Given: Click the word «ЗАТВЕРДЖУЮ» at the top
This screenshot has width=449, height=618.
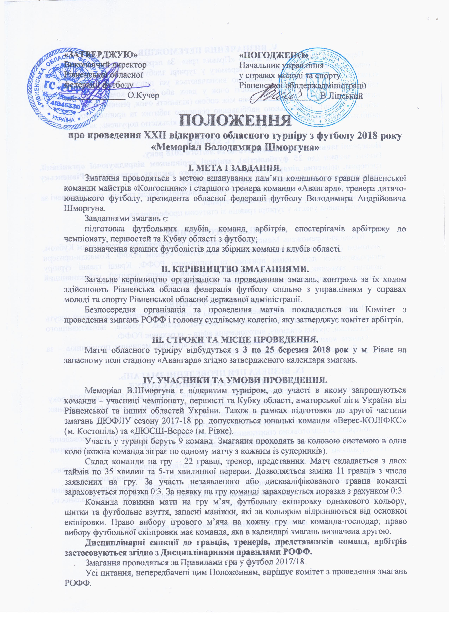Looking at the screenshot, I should click(101, 55).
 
